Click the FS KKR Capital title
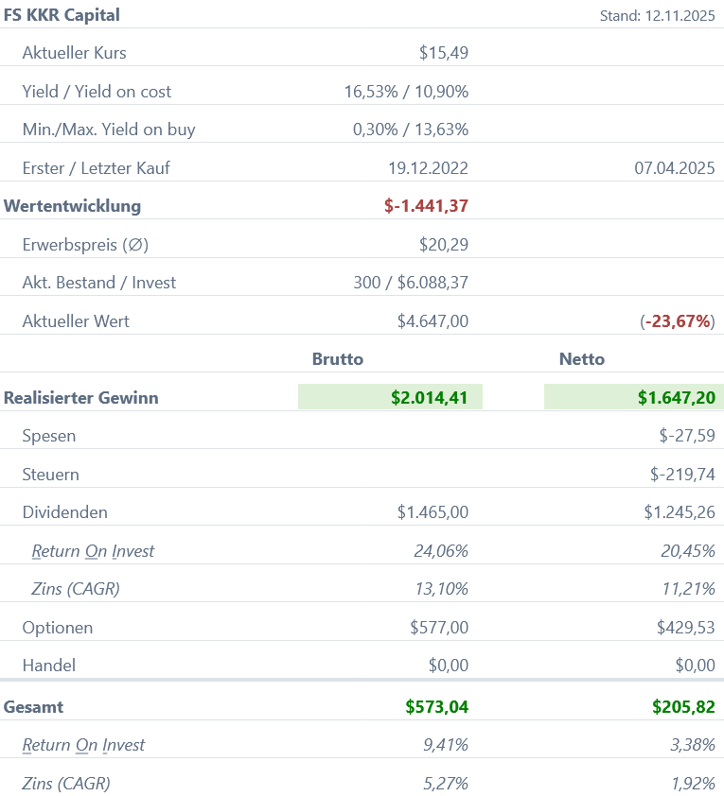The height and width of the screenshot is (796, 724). (62, 15)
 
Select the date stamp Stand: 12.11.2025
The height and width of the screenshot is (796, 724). (657, 16)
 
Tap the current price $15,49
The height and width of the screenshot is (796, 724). (443, 53)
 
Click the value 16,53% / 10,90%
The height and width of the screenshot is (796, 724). (406, 92)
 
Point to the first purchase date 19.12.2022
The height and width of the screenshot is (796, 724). (428, 168)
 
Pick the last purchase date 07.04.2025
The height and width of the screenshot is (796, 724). (674, 168)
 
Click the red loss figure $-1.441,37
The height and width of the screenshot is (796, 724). (426, 206)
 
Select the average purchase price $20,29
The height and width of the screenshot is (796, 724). (443, 245)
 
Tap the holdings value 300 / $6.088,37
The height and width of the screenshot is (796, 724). (411, 283)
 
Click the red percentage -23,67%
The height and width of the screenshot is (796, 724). (678, 321)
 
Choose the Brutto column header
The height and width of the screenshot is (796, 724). (338, 359)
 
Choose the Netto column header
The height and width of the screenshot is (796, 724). (582, 359)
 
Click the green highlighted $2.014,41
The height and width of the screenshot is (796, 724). (429, 398)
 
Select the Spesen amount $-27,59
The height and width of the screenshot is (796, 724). (687, 437)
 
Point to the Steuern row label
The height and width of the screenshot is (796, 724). (51, 475)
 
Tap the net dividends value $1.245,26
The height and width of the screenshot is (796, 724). (680, 512)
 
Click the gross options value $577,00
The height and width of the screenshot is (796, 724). (439, 628)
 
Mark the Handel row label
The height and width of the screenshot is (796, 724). (49, 666)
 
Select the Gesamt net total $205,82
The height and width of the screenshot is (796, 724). (683, 706)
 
